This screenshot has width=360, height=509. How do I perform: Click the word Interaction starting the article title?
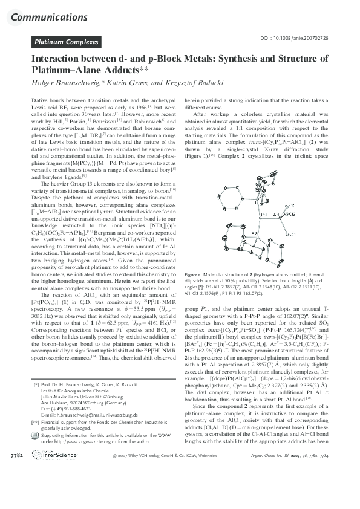coord(57,60)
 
